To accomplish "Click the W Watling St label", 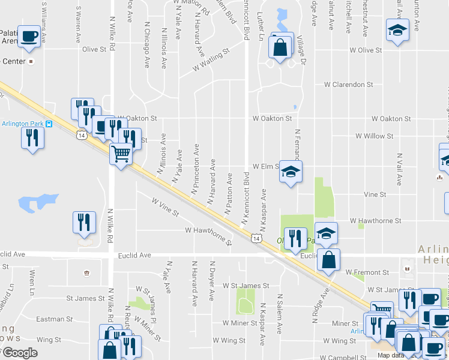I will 211,61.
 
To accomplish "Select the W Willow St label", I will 374,136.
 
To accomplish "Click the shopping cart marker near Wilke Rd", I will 121,155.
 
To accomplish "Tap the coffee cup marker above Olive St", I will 29,37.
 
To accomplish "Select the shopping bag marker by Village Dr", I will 280,47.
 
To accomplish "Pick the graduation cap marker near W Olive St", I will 396,31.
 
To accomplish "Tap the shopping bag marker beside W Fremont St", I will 328,260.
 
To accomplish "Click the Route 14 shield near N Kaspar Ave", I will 256,239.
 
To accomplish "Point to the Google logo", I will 19,353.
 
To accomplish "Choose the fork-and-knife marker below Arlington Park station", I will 32,137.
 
